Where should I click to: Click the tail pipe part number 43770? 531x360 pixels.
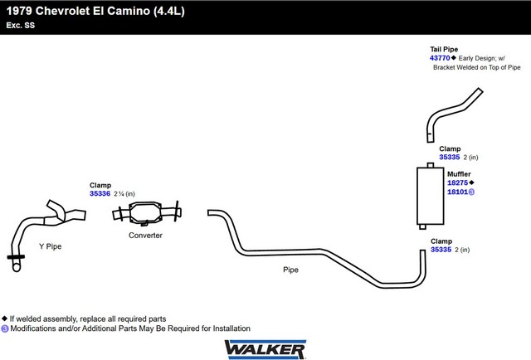pos(440,58)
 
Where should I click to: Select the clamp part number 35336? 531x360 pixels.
pos(100,193)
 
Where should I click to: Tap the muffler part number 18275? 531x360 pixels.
pos(457,182)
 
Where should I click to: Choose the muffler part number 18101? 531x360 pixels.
pos(457,192)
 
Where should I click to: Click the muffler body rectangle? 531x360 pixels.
pos(430,196)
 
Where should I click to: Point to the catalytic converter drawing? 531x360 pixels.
pos(147,213)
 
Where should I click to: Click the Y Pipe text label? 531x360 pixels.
pos(50,246)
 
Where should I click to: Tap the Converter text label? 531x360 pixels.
pos(145,235)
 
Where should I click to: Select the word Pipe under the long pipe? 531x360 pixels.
pos(290,270)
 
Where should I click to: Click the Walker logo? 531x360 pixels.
pos(265,349)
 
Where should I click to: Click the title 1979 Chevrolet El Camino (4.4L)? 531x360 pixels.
pos(95,11)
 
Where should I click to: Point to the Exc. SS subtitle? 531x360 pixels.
pos(20,25)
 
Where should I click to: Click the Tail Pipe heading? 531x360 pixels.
pos(444,49)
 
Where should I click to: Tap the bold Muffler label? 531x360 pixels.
pos(459,173)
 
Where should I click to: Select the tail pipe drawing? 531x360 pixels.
pos(450,111)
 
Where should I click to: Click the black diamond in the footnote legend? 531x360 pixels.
pos(4,319)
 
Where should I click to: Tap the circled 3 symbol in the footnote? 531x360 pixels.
pos(5,328)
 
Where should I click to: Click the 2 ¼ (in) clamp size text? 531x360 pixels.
pos(124,194)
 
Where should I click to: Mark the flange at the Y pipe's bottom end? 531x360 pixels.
pos(16,257)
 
